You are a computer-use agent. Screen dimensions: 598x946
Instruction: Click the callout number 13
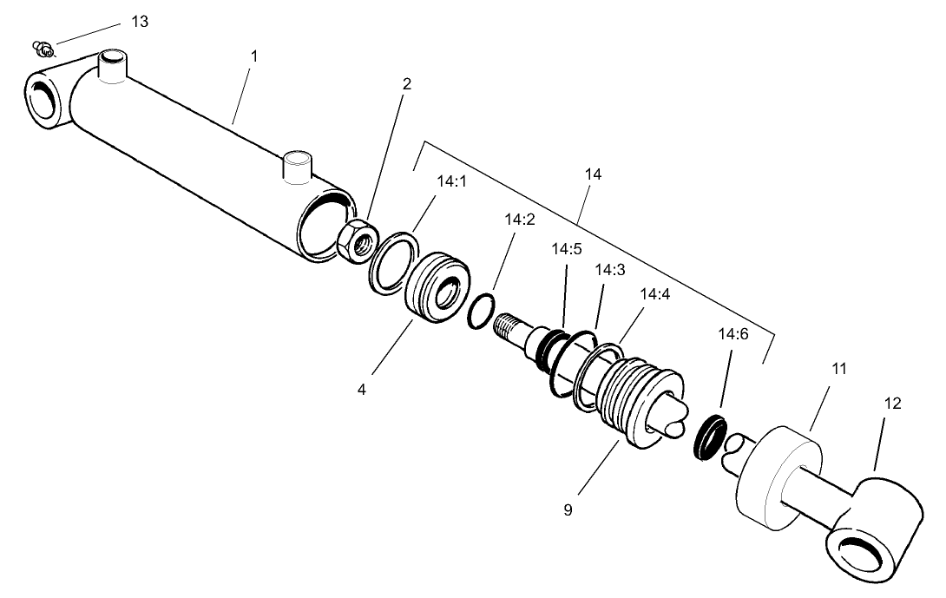(x=140, y=22)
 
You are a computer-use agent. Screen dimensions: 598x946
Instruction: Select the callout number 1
(x=253, y=56)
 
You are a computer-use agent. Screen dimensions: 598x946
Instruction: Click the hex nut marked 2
(x=355, y=239)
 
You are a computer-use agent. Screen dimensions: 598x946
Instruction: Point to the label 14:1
(x=451, y=182)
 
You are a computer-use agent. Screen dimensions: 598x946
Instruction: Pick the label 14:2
(x=519, y=220)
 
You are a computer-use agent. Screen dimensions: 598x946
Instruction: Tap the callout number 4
(x=361, y=390)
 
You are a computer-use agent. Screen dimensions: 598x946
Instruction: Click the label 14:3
(x=609, y=270)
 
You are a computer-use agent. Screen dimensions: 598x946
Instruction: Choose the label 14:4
(x=655, y=293)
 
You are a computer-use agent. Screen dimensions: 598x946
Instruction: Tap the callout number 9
(x=568, y=510)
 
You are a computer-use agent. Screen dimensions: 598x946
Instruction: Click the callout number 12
(x=892, y=404)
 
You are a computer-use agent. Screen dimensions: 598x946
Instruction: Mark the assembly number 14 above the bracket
(x=594, y=174)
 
